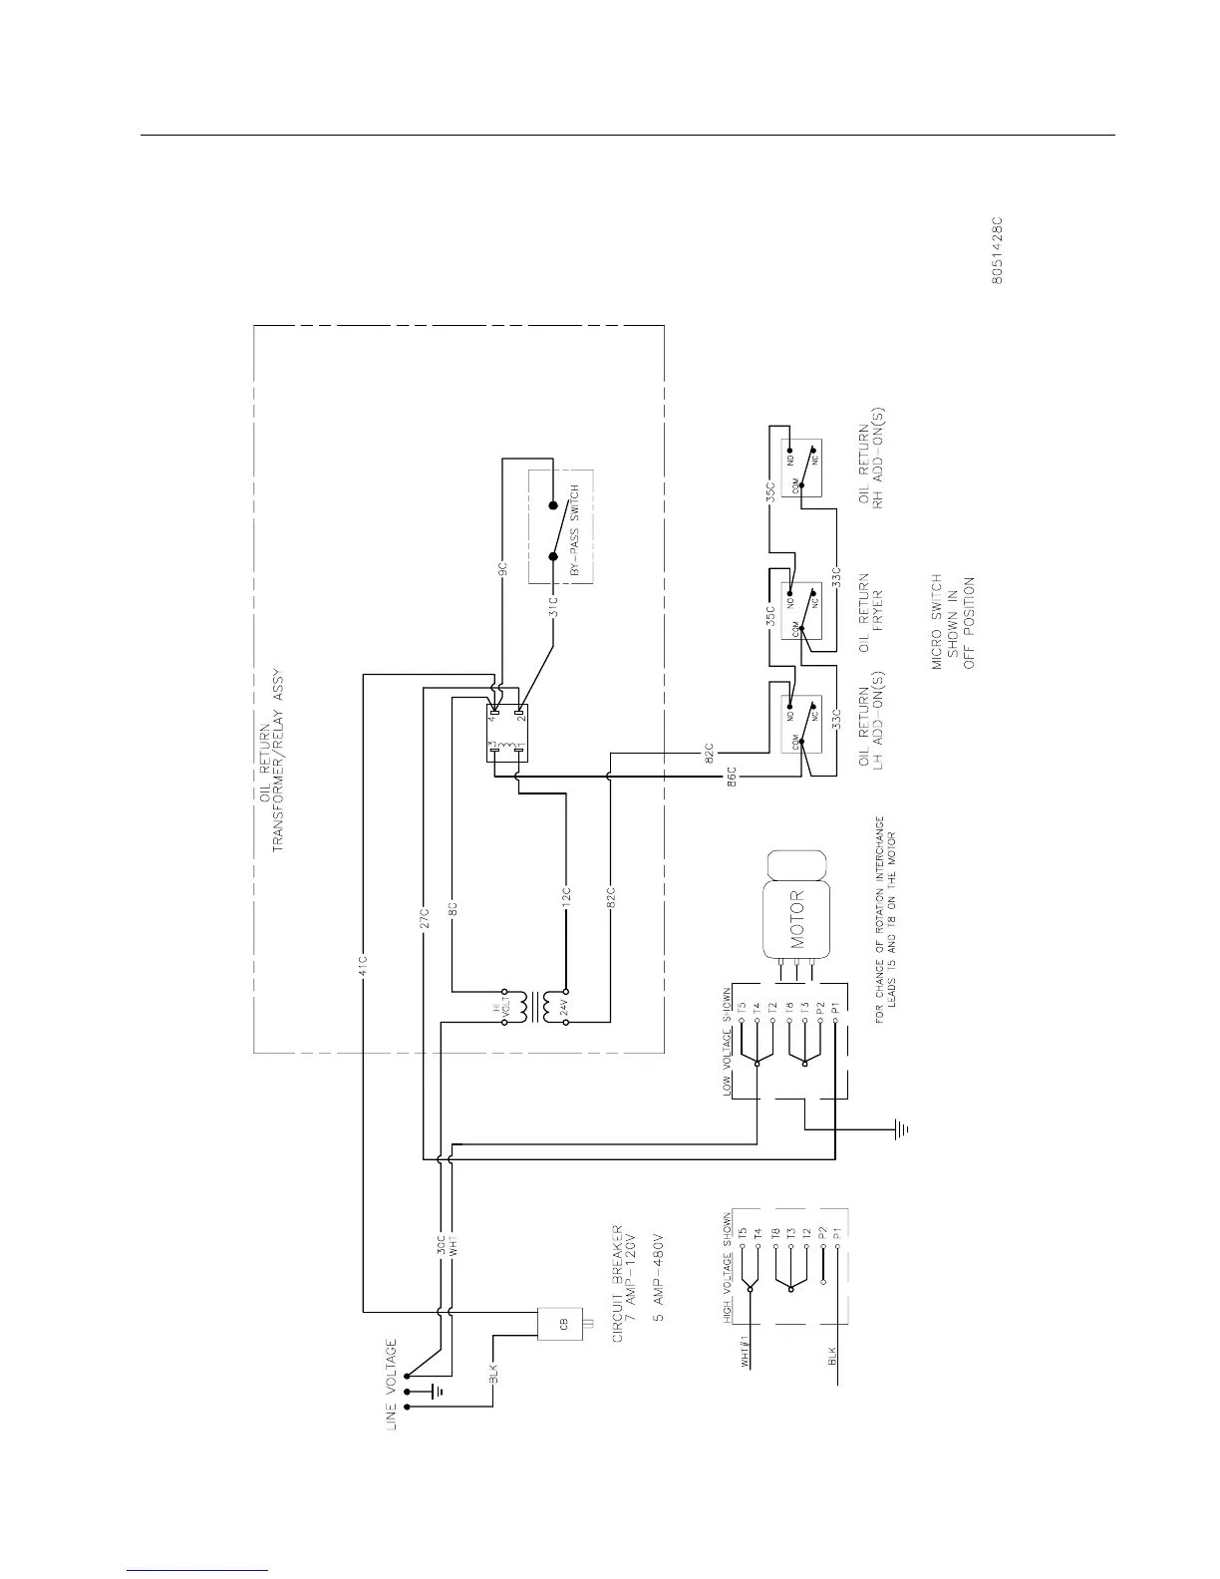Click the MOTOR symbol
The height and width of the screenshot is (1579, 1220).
click(x=796, y=905)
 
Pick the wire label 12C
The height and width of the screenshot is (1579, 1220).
click(x=564, y=895)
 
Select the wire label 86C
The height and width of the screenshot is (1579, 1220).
click(x=731, y=777)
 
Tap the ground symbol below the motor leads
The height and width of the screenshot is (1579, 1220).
click(x=899, y=1129)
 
